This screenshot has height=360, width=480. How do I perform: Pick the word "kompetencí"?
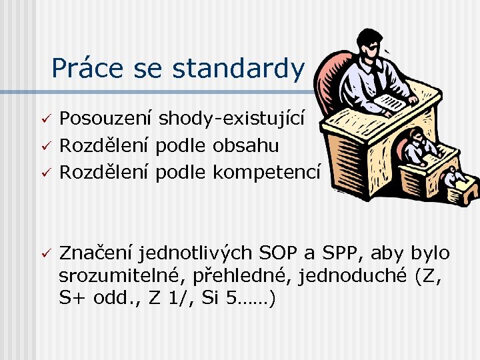267,172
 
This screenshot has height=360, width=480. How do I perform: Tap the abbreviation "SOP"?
281,253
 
